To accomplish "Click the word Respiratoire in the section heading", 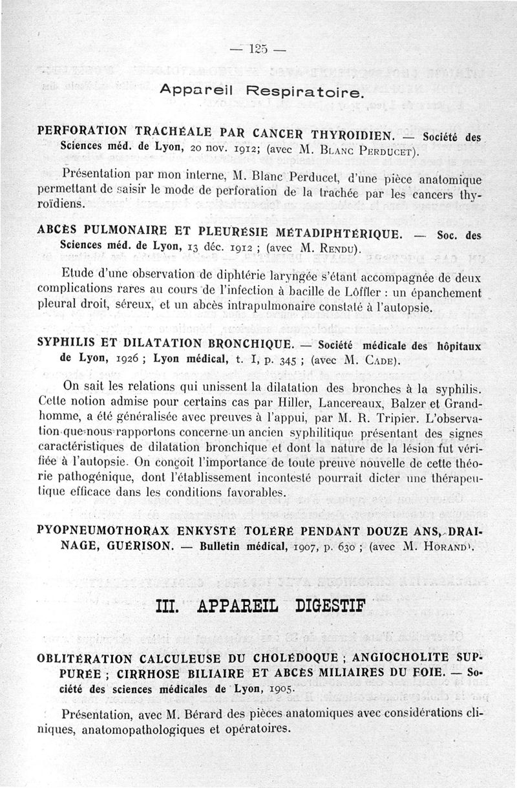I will tap(306, 92).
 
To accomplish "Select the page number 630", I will tap(335, 547).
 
